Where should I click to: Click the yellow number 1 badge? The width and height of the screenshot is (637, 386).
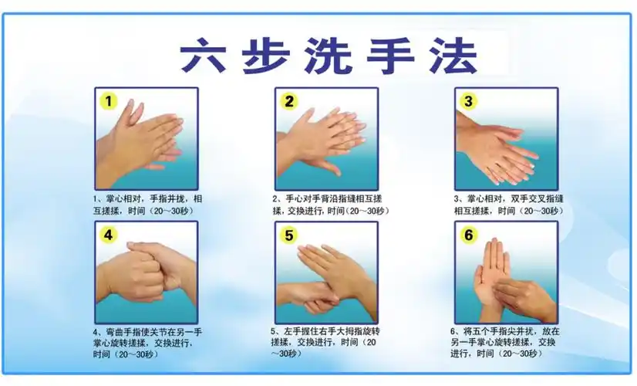pos(109,101)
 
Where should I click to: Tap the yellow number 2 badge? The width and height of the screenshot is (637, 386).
pos(290,101)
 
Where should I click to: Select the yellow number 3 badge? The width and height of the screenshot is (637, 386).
pos(469,101)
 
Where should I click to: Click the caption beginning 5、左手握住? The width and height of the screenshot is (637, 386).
pos(327,343)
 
